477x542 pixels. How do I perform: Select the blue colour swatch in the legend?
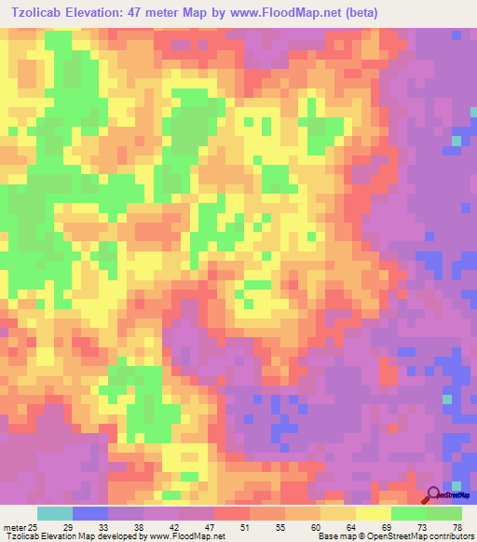coord(90,513)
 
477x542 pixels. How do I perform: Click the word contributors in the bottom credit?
coord(450,536)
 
